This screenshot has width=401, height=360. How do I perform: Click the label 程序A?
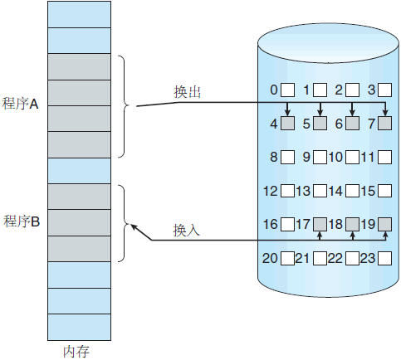(x=20, y=104)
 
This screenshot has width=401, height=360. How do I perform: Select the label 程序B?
(x=22, y=221)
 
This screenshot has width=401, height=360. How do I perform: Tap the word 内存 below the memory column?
(x=76, y=352)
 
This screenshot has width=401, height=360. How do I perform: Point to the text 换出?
(x=188, y=92)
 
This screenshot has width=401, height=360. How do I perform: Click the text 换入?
(x=186, y=230)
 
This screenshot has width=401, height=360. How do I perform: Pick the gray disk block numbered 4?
(x=287, y=124)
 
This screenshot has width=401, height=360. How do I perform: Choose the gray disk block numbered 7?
(x=385, y=124)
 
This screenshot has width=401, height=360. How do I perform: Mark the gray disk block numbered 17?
(x=320, y=224)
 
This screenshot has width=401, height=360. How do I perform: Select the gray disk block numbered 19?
(x=385, y=224)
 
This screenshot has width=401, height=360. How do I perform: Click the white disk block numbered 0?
(x=287, y=90)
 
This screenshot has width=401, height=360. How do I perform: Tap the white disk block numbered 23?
(x=385, y=259)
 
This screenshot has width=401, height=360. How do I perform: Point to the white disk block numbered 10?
(x=353, y=157)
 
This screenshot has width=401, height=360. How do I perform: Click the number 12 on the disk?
(x=271, y=191)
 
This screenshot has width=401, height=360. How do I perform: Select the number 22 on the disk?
(x=335, y=259)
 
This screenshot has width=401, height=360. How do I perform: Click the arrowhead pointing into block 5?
(x=320, y=113)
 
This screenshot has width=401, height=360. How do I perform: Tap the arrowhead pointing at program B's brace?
(x=134, y=227)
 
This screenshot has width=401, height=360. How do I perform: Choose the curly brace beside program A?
(x=124, y=106)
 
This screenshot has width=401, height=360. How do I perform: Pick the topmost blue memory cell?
(x=80, y=14)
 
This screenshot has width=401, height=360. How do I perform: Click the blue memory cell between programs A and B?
(x=80, y=171)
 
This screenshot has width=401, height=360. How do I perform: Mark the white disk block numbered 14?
(x=353, y=191)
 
